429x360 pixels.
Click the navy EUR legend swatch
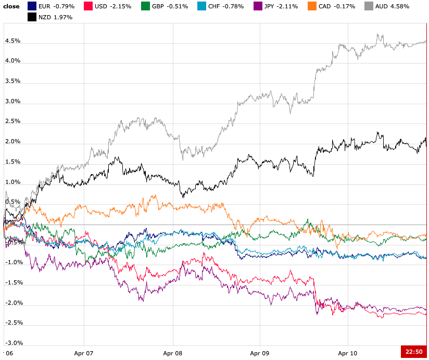[31, 6]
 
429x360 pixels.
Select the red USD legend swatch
[88, 6]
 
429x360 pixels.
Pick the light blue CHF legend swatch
[200, 6]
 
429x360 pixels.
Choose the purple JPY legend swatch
[257, 6]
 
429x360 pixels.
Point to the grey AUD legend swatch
[369, 6]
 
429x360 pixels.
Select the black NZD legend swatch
[31, 17]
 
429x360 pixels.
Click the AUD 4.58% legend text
[392, 6]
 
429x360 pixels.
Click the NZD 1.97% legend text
[55, 17]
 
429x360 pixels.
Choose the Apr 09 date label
[260, 353]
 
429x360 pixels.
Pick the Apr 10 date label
[347, 353]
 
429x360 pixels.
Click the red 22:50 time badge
[414, 352]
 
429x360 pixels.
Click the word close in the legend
[11, 6]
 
